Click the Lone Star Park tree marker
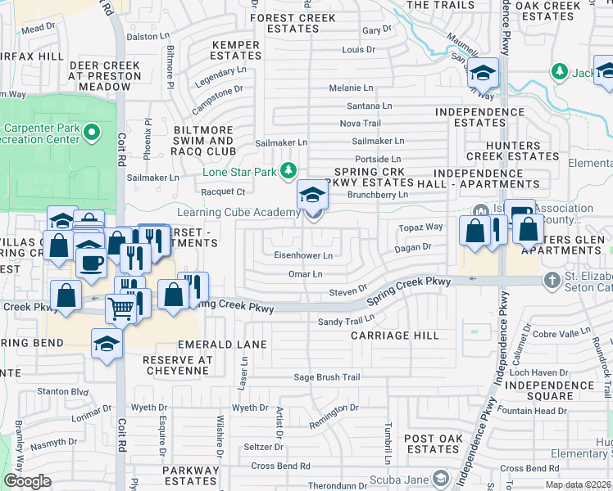coord(288,170)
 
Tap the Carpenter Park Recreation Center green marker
coord(92,131)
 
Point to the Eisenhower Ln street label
coord(303,256)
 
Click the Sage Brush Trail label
coord(328,377)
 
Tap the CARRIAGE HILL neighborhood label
coord(394,336)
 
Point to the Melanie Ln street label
coord(351,88)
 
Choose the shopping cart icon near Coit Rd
coord(121,310)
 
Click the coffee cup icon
coord(91,262)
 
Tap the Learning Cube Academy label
coord(249,213)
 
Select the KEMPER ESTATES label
coord(235,51)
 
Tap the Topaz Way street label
coord(420,227)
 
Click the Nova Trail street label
coord(361,124)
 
